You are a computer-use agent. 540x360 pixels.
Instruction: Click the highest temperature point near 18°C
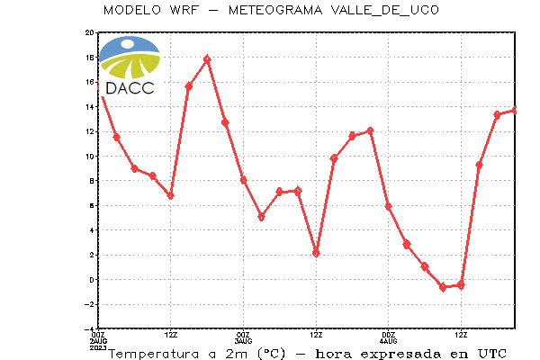[207, 59]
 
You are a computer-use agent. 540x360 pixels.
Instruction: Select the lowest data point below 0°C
[443, 287]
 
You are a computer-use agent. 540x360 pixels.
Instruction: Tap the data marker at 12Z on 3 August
[316, 254]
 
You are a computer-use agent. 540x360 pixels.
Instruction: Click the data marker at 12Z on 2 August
[170, 195]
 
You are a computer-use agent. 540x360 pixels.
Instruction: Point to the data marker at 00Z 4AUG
[389, 206]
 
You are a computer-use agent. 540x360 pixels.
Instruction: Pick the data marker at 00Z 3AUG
[244, 180]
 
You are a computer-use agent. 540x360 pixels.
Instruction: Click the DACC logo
[130, 66]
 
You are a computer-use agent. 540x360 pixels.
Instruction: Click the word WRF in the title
[184, 10]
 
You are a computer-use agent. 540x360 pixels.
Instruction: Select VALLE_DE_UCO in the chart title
[385, 10]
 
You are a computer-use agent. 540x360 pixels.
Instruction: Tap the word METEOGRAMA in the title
[275, 10]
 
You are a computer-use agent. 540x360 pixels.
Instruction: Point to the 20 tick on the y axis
[89, 32]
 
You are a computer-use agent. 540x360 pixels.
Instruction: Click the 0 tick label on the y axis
[92, 280]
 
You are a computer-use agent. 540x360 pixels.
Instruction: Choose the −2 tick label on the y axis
[89, 304]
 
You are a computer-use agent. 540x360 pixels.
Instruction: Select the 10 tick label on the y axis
[89, 156]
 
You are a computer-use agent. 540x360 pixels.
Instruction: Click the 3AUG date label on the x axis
[244, 341]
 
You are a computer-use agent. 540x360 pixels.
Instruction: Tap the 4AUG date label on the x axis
[389, 341]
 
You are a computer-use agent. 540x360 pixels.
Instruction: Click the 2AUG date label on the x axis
[98, 341]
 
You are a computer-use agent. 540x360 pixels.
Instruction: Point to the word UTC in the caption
[492, 354]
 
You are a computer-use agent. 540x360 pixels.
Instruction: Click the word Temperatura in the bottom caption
[154, 354]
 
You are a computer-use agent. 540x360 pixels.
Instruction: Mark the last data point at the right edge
[515, 110]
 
